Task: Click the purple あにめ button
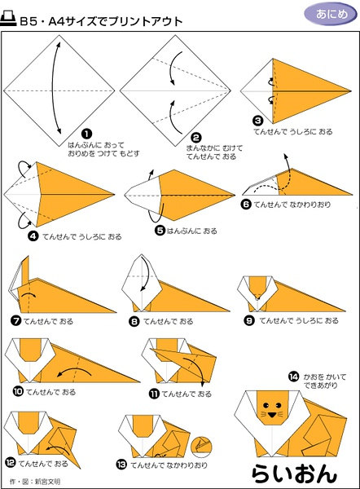[x=331, y=14]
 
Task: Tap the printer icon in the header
[x=8, y=19]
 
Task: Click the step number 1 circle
[x=86, y=134]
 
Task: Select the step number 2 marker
[x=195, y=138]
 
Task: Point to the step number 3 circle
[x=257, y=121]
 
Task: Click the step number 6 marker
[x=247, y=205]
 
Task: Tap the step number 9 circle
[x=248, y=320]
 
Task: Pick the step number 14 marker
[x=293, y=377]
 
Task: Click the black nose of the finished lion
[x=272, y=415]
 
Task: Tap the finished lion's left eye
[x=266, y=405]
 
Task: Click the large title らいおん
[x=294, y=474]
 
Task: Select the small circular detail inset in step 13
[x=201, y=447]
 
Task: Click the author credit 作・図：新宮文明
[x=35, y=482]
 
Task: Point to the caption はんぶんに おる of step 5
[x=192, y=231]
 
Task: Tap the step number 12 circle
[x=11, y=462]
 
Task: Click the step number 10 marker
[x=18, y=391]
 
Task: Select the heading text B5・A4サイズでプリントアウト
[x=101, y=21]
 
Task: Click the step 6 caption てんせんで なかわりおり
[x=292, y=205]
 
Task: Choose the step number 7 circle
[x=15, y=320]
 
